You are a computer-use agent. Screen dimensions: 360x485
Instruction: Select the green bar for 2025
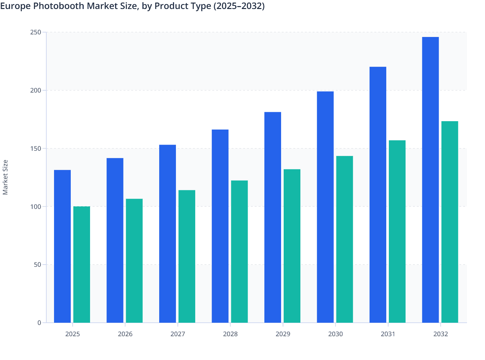click(82, 265)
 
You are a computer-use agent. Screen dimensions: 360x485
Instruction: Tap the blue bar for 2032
click(430, 180)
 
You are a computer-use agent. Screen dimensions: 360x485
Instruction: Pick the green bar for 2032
click(450, 222)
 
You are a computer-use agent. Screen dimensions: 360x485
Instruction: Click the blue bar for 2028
click(220, 226)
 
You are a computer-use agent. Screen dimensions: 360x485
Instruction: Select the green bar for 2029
click(292, 246)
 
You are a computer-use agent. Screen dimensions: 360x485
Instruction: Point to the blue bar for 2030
click(325, 207)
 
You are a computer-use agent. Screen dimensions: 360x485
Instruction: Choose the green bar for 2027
click(187, 256)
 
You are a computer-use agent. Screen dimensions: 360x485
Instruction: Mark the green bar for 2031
click(397, 231)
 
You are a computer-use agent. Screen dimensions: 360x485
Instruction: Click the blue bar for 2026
click(115, 240)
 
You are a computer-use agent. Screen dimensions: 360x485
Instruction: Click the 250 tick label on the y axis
click(36, 32)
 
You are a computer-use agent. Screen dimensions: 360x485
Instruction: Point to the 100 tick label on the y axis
click(36, 207)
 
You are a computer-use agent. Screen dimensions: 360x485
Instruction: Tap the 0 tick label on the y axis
click(39, 323)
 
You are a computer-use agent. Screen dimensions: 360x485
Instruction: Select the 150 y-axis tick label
click(36, 148)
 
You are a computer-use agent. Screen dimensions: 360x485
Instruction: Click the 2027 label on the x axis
click(178, 334)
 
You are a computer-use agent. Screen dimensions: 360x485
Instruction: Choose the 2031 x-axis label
click(388, 334)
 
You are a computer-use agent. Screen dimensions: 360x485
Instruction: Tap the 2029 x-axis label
click(283, 334)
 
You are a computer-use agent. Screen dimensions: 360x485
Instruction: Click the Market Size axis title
click(5, 177)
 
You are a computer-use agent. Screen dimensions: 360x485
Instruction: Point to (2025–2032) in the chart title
click(239, 6)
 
